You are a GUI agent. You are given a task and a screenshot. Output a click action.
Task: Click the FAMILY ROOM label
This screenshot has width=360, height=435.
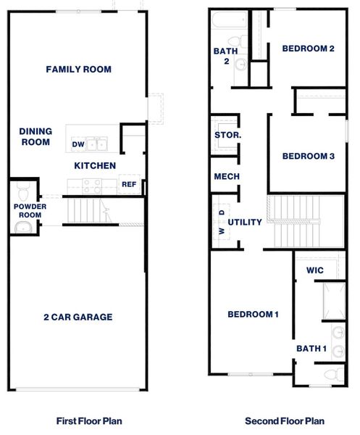coord(78,70)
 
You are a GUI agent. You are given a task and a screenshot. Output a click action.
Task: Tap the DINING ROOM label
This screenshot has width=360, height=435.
coord(35,136)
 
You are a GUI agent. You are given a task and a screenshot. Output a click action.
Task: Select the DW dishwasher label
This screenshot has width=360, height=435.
coord(78,145)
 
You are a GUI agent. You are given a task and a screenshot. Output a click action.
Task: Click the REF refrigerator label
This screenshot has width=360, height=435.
coord(129,184)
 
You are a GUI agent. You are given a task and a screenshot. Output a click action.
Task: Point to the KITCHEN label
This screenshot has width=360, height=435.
coord(95,166)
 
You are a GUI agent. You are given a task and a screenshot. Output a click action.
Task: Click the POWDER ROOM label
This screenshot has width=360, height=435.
coord(25,210)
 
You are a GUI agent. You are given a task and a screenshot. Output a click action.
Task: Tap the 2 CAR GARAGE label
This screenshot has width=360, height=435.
coord(78,317)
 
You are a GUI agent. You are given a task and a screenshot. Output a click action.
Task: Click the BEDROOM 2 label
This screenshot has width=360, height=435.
coord(308,49)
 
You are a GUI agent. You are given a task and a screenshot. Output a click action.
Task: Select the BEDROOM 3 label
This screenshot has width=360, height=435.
coord(308,156)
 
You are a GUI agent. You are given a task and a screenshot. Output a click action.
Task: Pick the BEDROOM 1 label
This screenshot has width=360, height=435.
coord(253,314)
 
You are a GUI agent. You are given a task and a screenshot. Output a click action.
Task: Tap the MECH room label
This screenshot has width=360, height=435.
coord(227,177)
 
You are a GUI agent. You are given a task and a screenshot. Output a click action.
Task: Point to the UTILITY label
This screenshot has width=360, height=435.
coord(245,222)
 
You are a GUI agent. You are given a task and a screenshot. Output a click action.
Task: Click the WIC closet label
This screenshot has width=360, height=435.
coord(314,270)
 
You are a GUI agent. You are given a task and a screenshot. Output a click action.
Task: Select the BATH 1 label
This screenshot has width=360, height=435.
coord(311,349)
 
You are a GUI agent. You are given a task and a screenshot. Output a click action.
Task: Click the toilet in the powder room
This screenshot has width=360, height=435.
coord(22,192)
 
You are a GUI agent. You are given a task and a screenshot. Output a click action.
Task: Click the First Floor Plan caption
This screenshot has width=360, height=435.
coord(89,420)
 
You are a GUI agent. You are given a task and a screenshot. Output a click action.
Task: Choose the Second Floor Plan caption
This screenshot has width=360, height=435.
coord(285,420)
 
